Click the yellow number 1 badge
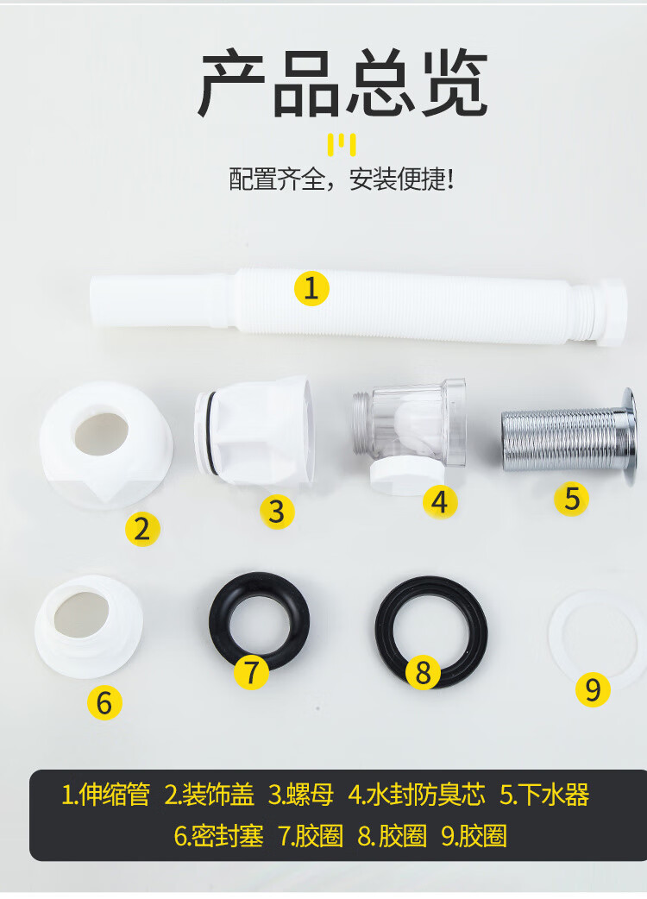click(311, 288)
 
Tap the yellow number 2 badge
click(142, 529)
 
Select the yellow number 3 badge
click(277, 512)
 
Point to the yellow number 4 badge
click(440, 501)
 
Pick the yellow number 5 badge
click(571, 498)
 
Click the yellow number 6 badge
click(104, 702)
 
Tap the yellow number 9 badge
click(593, 689)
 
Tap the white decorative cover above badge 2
click(106, 445)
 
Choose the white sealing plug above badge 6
click(88, 626)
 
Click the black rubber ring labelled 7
click(217, 620)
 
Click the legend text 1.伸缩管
click(105, 795)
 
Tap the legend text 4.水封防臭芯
click(417, 795)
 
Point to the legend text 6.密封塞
click(218, 836)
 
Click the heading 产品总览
click(342, 84)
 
